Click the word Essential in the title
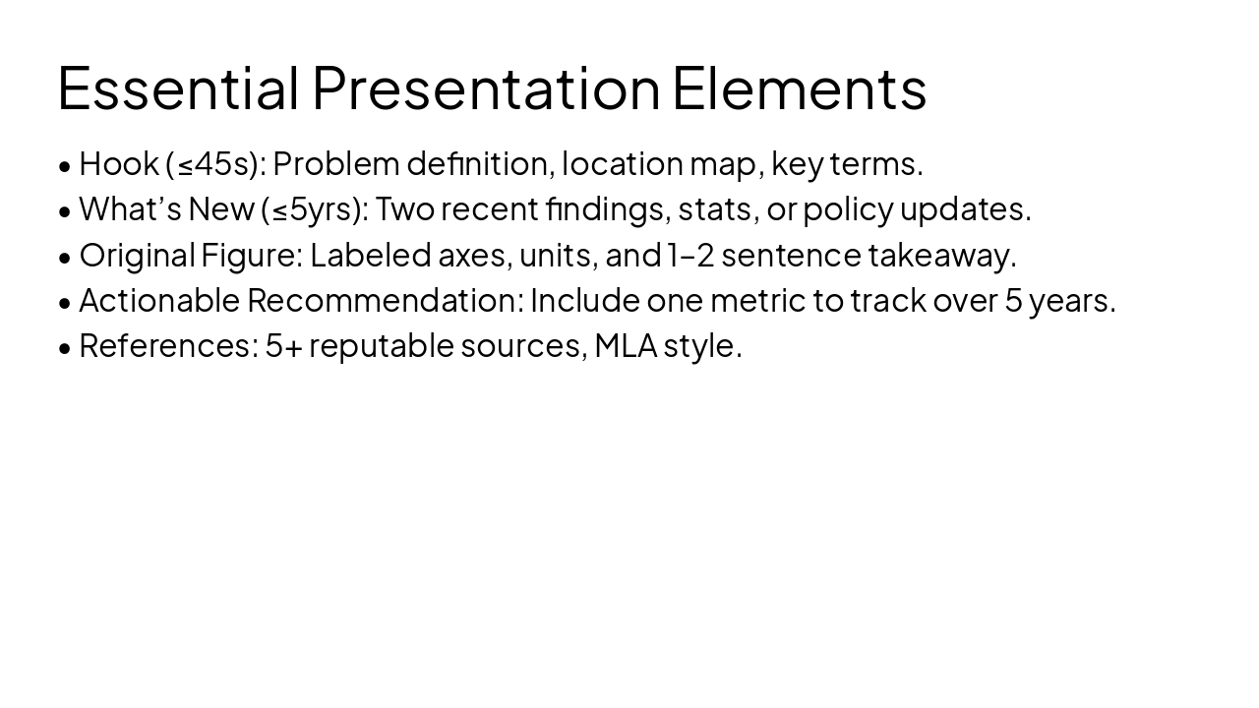178,88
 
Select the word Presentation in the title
486,88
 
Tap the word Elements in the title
799,88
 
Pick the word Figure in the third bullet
251,255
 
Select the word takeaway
941,255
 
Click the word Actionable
159,300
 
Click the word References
167,345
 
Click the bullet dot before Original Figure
65,257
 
